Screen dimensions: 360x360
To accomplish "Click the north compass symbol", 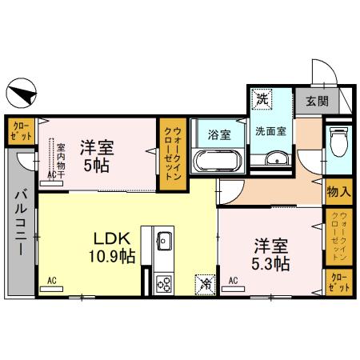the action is [x=22, y=93].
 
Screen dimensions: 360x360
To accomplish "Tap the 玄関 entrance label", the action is [x=317, y=101].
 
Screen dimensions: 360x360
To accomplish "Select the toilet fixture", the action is [x=338, y=142].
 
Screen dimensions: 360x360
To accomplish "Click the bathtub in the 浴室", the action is [x=218, y=161].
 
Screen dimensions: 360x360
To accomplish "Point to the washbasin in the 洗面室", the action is [x=277, y=158].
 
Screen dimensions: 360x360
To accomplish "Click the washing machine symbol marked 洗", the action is [x=262, y=99].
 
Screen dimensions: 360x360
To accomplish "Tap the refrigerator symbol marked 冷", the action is [x=205, y=285].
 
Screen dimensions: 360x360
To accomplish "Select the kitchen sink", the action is [x=165, y=241].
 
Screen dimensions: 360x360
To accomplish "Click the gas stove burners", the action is [x=164, y=284].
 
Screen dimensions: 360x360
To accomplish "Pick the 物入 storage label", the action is [x=338, y=191].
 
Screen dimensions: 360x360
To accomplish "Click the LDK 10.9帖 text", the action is [x=112, y=247].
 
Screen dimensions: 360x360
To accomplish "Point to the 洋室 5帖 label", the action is [x=97, y=156].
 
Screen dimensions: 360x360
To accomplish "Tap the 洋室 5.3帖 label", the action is [x=271, y=254].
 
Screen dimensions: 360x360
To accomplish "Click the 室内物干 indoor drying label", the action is [x=61, y=161].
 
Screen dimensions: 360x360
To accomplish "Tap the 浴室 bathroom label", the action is [x=219, y=134].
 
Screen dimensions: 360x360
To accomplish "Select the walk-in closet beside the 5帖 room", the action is [x=173, y=154].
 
